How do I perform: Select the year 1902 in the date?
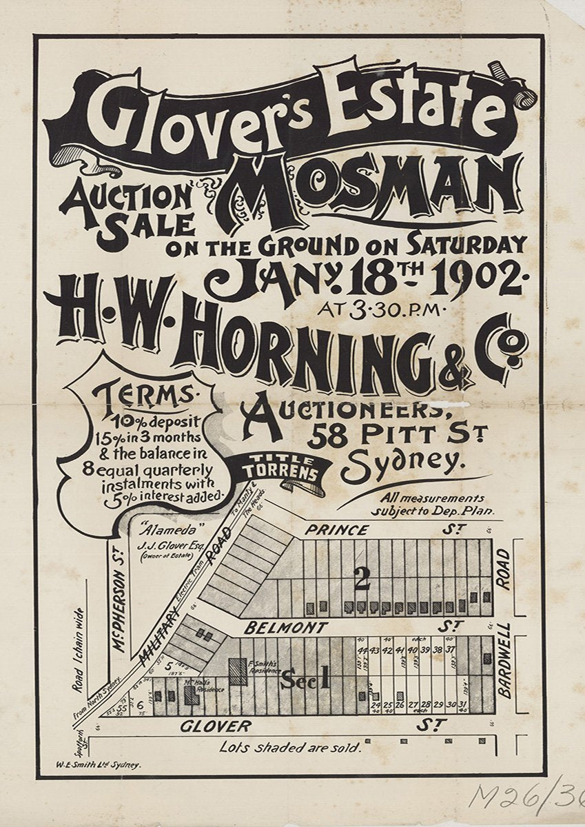pyautogui.click(x=475, y=276)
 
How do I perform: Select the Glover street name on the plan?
pyautogui.click(x=216, y=726)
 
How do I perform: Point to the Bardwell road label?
pyautogui.click(x=504, y=660)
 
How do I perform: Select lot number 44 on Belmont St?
pyautogui.click(x=362, y=651)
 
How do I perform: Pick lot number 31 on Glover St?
pyautogui.click(x=463, y=704)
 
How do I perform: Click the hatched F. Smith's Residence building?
pyautogui.click(x=238, y=671)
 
